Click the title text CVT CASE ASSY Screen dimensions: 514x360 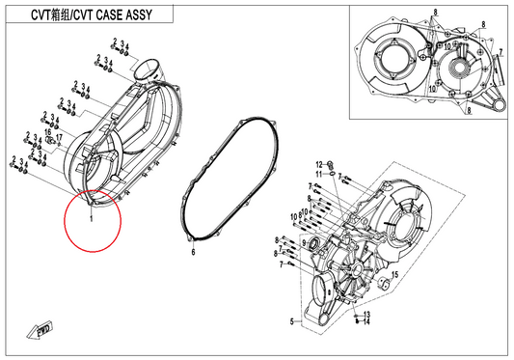point(113,14)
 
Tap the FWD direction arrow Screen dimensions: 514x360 point(40,330)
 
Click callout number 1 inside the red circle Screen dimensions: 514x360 point(92,217)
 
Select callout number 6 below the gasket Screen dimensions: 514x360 point(194,252)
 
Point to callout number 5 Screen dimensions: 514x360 point(292,321)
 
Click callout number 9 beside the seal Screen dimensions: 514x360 point(304,243)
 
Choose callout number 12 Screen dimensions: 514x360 point(319,164)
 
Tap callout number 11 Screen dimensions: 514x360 point(319,174)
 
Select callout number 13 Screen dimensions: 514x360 point(366,315)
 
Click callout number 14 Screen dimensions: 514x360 point(366,322)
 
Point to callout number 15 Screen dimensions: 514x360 point(394,274)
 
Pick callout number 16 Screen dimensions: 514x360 point(48,132)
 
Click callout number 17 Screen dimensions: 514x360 point(59,137)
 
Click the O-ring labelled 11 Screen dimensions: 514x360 point(332,173)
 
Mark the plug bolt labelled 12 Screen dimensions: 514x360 point(330,164)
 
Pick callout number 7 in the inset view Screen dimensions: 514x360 point(500,52)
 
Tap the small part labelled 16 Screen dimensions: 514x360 point(51,141)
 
